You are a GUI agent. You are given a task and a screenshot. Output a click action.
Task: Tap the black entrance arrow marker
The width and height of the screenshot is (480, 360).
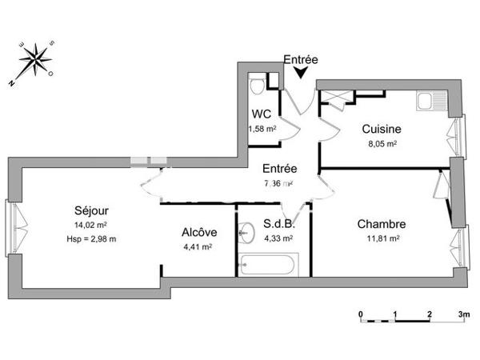click(300, 73)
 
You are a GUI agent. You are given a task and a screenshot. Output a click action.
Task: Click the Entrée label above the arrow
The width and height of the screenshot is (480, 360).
click(301, 59)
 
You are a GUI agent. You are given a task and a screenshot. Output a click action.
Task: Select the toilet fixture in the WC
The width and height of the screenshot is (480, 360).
click(258, 86)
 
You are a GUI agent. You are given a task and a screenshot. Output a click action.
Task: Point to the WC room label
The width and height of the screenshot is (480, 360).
click(261, 114)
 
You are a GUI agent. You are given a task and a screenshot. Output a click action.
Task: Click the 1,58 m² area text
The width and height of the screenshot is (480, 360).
click(262, 128)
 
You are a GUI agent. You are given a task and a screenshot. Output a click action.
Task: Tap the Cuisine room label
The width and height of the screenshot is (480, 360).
click(381, 129)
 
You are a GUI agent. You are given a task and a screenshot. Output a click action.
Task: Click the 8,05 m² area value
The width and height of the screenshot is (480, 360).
click(380, 144)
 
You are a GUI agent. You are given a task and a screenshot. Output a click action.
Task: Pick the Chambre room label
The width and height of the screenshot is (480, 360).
click(381, 224)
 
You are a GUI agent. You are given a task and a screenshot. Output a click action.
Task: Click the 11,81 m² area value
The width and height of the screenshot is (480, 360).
click(381, 238)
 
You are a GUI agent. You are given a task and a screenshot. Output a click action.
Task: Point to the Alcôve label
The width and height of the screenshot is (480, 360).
click(196, 233)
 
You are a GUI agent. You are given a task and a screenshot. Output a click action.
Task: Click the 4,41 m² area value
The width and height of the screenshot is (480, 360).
click(196, 247)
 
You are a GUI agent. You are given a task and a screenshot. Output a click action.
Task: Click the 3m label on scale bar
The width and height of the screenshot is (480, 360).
click(463, 314)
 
